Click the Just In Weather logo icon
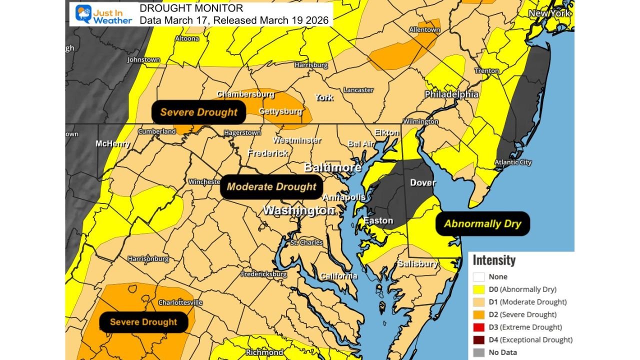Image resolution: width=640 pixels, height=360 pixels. tap(83, 14)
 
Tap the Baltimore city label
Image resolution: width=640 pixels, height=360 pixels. tap(332, 167)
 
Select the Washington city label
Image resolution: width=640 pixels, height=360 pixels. tap(298, 210)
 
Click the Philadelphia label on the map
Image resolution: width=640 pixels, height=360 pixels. tap(451, 94)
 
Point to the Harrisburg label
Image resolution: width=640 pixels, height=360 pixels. tap(311, 65)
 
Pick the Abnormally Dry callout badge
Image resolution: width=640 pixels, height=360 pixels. tap(482, 224)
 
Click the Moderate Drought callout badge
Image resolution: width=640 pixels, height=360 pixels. tap(271, 187)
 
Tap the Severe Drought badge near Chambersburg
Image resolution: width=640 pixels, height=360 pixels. tap(198, 112)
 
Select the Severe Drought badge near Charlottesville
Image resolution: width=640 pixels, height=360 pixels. tap(143, 322)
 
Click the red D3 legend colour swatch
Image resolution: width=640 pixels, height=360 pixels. tap(479, 327)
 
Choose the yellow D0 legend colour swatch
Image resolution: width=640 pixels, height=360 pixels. tap(479, 289)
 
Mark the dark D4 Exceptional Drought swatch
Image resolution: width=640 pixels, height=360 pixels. tap(479, 339)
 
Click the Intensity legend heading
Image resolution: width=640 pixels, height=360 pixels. tap(494, 260)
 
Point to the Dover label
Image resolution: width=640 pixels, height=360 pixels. tap(423, 182)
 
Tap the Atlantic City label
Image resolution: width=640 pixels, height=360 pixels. tap(513, 162)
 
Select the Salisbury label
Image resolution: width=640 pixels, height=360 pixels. tap(417, 263)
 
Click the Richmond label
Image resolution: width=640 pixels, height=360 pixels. tap(264, 352)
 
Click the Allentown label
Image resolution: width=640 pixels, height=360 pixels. tap(424, 30)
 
